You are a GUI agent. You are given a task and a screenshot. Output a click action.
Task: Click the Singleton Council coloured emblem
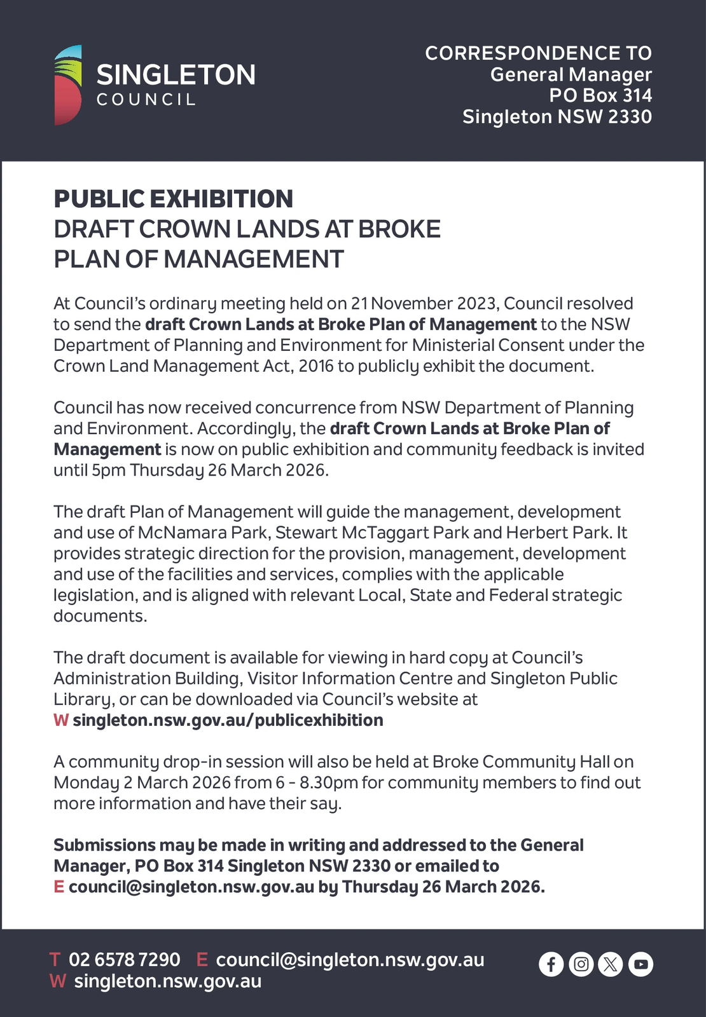point(68,85)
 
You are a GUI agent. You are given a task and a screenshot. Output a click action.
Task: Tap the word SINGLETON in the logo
point(176,75)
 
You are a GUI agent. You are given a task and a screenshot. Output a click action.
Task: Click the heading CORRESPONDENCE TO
point(538,53)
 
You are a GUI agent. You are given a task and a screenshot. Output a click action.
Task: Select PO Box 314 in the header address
point(600,95)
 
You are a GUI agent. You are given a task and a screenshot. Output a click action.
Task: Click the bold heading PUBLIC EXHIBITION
point(173,199)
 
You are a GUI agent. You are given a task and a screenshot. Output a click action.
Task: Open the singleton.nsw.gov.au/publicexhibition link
point(228,720)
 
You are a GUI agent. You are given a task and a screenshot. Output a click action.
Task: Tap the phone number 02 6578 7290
point(124,959)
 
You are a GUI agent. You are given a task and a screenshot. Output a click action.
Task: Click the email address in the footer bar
point(350,959)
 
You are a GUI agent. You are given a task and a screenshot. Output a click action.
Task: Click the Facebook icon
point(551,964)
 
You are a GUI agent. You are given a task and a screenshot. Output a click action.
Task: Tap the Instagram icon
point(581,964)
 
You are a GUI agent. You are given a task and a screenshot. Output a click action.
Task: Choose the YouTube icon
point(640,964)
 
